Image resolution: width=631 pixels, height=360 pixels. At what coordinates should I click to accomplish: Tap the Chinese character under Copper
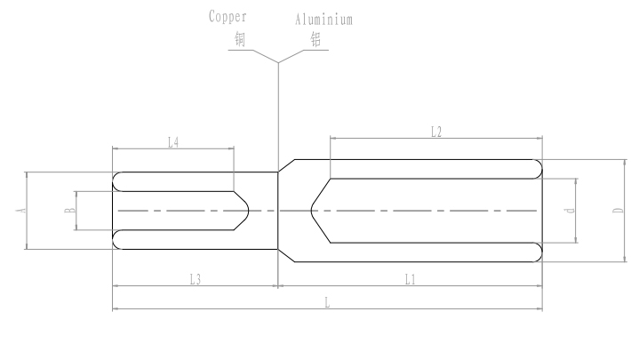(239, 39)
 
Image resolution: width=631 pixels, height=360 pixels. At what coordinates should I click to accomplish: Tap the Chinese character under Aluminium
(315, 39)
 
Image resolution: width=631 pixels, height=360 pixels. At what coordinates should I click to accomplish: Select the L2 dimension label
(435, 132)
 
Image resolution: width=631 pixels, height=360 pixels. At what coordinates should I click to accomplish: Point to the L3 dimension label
(196, 279)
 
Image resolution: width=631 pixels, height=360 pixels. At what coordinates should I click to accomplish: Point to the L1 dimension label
(410, 279)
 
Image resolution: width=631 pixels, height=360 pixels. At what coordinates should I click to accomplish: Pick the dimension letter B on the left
(68, 211)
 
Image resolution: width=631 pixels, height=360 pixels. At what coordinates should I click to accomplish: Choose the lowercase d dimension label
(569, 211)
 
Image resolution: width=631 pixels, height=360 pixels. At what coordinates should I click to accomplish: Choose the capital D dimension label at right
(615, 211)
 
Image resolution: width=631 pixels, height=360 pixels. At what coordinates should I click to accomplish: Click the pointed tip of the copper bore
(248, 211)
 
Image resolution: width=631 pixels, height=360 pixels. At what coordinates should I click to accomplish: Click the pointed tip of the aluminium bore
(310, 211)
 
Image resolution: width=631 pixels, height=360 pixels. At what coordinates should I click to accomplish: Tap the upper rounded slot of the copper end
(118, 182)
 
